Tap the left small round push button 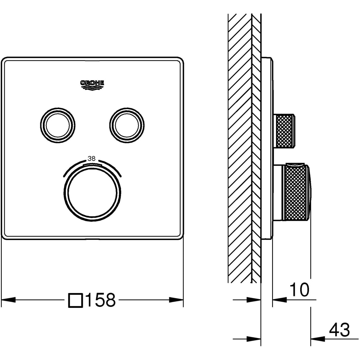tap(58, 125)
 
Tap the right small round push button tap(127, 125)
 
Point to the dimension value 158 tap(100, 300)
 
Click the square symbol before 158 tap(76, 300)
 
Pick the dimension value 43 tap(339, 330)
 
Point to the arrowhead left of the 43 tap(318, 339)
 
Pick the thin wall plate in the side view tap(267, 148)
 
